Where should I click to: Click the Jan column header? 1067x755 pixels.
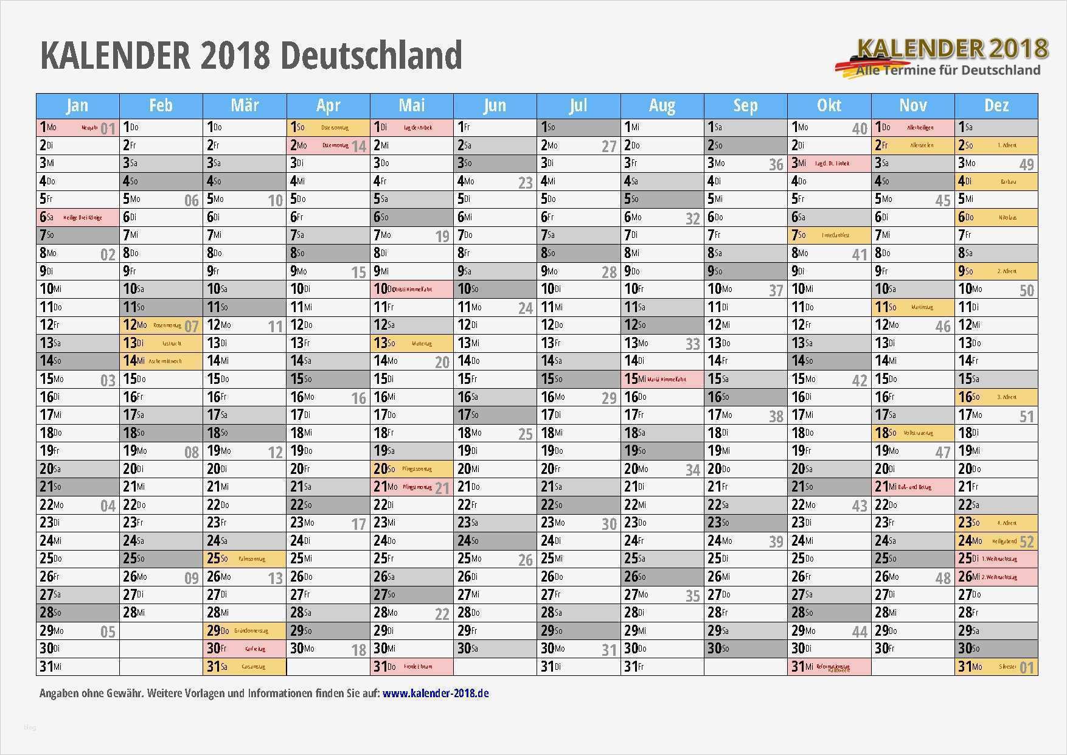(77, 106)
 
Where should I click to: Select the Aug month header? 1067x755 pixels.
(662, 106)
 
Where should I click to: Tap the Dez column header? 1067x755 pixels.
(996, 106)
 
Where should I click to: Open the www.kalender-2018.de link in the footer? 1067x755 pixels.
(436, 693)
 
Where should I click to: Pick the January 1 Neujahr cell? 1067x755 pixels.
(77, 128)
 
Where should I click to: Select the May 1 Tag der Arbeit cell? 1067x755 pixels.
(411, 128)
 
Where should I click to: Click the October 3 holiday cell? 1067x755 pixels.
(829, 164)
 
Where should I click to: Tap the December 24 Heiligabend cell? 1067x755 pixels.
(996, 541)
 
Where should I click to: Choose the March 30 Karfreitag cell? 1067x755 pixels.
(245, 649)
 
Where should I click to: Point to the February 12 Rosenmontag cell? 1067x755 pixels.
(161, 325)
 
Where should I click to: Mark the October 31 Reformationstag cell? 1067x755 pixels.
(829, 667)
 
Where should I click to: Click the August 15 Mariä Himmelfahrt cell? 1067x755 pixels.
(662, 379)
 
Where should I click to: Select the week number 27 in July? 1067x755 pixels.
(609, 147)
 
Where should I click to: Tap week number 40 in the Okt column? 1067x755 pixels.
(860, 128)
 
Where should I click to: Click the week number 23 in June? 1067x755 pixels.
(526, 183)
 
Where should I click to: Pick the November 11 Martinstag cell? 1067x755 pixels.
(912, 307)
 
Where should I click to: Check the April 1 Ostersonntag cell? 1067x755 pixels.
(328, 128)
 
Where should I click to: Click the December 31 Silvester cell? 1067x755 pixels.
(996, 667)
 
